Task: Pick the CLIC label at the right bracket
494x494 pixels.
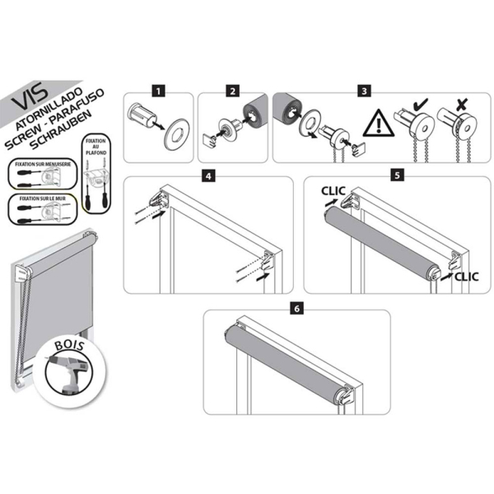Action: [x=466, y=277]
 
